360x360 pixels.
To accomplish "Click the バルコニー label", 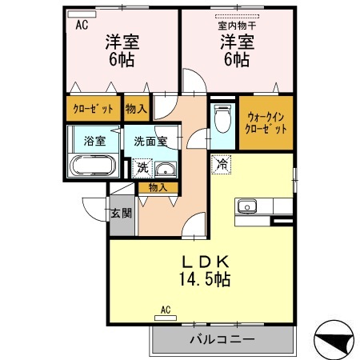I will point(222,339).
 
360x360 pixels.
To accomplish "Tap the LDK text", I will point(200,262).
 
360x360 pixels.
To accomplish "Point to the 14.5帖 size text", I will point(200,280).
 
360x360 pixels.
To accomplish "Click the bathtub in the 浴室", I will point(94,167).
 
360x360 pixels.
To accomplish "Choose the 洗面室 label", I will point(150,140).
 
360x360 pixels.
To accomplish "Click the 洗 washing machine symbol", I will point(141,168).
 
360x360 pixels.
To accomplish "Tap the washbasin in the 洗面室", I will point(165,169).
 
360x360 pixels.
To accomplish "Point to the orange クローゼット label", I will point(93,108).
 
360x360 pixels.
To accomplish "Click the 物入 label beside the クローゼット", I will point(136,108).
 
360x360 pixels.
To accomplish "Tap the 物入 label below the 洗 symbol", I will point(157,187).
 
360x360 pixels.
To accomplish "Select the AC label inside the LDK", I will point(166,309).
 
